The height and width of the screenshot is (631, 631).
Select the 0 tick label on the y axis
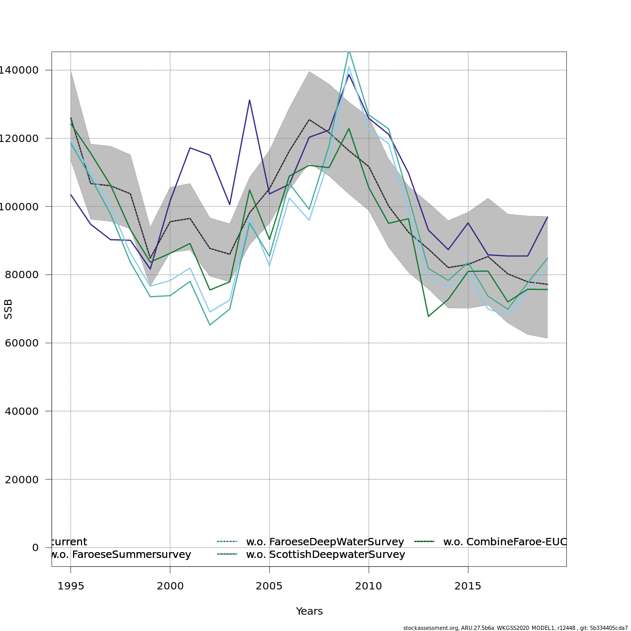coord(35,547)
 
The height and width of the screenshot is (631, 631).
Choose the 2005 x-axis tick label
coord(269,586)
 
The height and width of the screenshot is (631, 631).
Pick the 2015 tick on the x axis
coord(467,586)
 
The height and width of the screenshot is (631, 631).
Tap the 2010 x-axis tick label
coord(368,586)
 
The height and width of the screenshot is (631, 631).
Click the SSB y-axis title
coord(8,309)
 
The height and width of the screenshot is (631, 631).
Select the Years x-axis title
coord(309,612)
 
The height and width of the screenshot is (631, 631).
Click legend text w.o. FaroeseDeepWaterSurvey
coord(325,542)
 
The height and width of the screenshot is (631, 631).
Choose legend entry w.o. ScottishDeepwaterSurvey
coord(325,555)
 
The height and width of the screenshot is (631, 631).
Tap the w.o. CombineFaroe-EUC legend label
coord(504,542)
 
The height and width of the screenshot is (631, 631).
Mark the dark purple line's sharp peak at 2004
coord(249,100)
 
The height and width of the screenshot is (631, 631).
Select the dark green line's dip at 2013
coord(428,316)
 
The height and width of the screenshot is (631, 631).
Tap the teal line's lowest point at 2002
coord(210,324)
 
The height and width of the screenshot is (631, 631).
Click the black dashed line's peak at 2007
coord(309,120)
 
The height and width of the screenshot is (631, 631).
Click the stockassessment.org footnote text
coord(515,628)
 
